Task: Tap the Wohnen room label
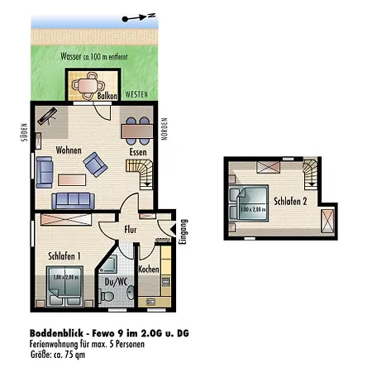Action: click(69, 150)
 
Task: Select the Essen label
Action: click(139, 151)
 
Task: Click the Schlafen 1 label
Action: click(64, 255)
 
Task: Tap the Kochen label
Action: click(149, 269)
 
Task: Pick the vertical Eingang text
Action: click(184, 231)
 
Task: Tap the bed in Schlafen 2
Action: click(250, 203)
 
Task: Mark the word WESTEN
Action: click(136, 94)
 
